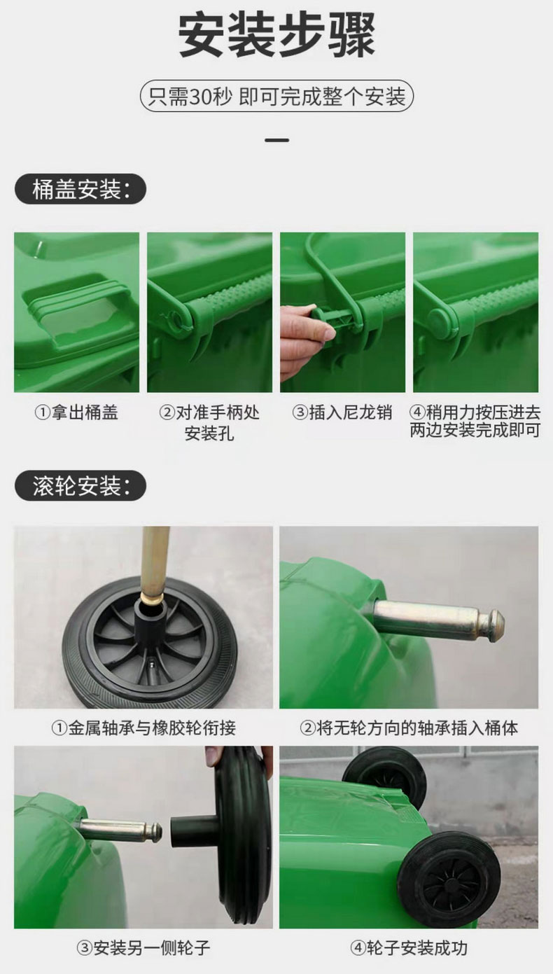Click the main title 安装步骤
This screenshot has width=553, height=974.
pos(276,36)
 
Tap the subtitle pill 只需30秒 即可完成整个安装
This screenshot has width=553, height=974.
pos(276,96)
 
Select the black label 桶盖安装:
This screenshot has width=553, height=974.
pos(80,189)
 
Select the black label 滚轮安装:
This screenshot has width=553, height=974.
pos(80,485)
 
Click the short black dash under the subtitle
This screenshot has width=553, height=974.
pos(277,141)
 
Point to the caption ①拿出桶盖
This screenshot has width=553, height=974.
pos(76,412)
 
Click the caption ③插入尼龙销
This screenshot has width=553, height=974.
pos(342,412)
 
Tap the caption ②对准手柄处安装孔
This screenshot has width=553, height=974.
pos(209,423)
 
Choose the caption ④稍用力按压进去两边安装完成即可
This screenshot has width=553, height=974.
pos(475,422)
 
